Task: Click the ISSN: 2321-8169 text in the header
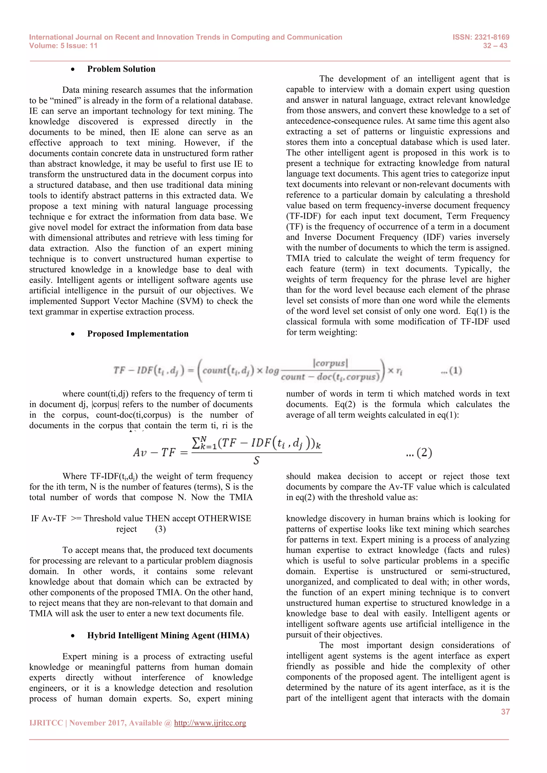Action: [481, 37]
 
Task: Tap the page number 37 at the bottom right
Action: [505, 711]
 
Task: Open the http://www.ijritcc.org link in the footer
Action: [210, 723]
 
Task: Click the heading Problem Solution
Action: [121, 69]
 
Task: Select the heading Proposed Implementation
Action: [138, 334]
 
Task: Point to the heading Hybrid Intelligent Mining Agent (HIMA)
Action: [168, 635]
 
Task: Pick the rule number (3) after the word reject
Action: [160, 529]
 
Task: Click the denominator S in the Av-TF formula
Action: [256, 460]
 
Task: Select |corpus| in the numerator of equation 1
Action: [330, 363]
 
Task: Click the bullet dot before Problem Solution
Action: [73, 69]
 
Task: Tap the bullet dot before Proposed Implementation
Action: [73, 334]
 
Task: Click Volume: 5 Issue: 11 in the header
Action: [63, 46]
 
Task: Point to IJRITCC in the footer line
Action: [46, 723]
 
